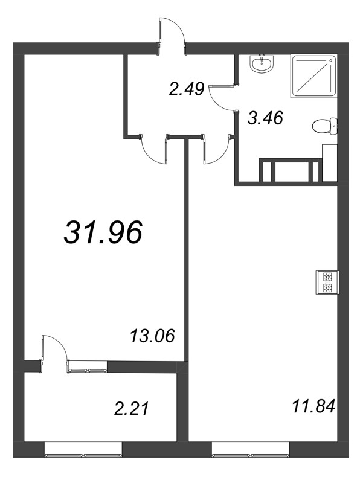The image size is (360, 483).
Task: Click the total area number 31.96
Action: (x=103, y=232)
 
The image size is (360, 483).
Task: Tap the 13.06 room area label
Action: (x=153, y=336)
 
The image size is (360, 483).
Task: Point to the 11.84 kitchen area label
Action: (x=313, y=406)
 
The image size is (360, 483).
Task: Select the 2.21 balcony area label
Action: (x=132, y=409)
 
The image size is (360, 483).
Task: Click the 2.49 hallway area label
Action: (x=187, y=89)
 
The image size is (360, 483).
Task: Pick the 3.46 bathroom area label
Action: (x=265, y=118)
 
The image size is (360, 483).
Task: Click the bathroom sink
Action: (x=262, y=64)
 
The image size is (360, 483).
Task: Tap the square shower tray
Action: (x=313, y=76)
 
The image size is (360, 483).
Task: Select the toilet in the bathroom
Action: (x=325, y=126)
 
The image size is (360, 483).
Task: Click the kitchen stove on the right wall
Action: (x=327, y=283)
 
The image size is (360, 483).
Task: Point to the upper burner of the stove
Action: (x=327, y=277)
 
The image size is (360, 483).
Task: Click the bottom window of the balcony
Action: (x=83, y=449)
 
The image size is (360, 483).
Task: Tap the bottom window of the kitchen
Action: (x=251, y=449)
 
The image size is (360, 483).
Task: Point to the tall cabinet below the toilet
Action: (x=330, y=162)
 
